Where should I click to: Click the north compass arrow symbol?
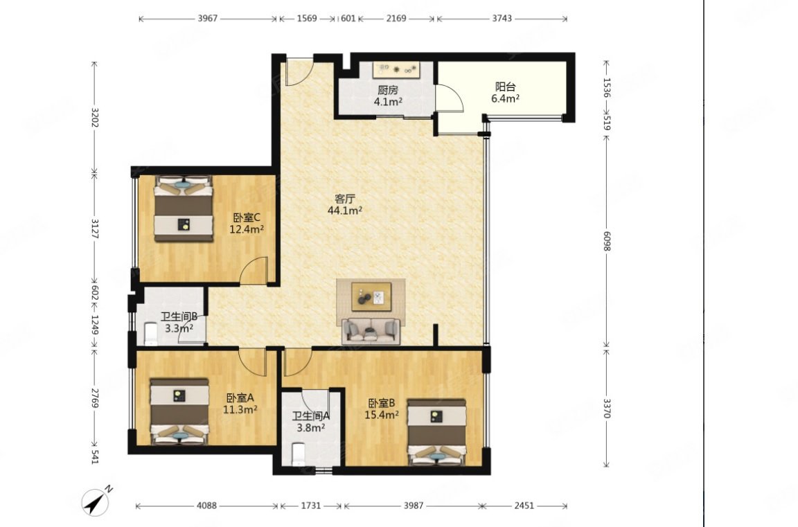[x=96, y=501]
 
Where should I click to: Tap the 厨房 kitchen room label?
[x=388, y=91]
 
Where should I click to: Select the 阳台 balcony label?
[x=506, y=87]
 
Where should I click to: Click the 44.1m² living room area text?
[x=345, y=210]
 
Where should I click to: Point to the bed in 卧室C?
[x=184, y=208]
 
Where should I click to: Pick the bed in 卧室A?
[x=179, y=411]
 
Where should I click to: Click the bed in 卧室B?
[x=436, y=431]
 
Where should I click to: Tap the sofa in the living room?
[x=371, y=330]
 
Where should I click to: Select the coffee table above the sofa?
[x=371, y=296]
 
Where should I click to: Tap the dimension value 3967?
[x=208, y=18]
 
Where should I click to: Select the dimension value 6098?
[x=606, y=241]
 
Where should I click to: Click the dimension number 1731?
[x=311, y=506]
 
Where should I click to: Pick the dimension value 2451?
[x=524, y=506]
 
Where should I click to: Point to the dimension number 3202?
[x=94, y=116]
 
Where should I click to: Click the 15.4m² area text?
[x=382, y=415]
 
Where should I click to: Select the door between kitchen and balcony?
[x=449, y=98]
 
